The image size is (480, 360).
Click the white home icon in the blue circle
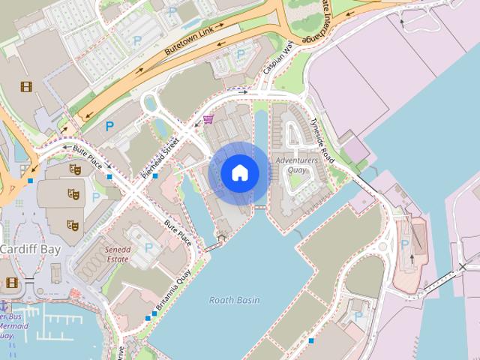point(240,173)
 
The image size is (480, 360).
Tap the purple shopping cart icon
point(208,118)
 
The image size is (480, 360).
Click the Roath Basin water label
point(235,300)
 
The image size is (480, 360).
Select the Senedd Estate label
point(118,254)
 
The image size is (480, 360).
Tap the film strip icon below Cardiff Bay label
point(12,283)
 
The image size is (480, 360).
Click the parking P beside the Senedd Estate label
point(148,247)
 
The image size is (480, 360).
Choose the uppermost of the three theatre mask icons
point(75,169)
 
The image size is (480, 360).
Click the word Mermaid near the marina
point(13,326)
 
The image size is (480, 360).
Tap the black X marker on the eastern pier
point(463,267)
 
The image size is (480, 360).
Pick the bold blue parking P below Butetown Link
point(110,127)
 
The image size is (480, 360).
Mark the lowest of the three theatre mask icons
point(73,224)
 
